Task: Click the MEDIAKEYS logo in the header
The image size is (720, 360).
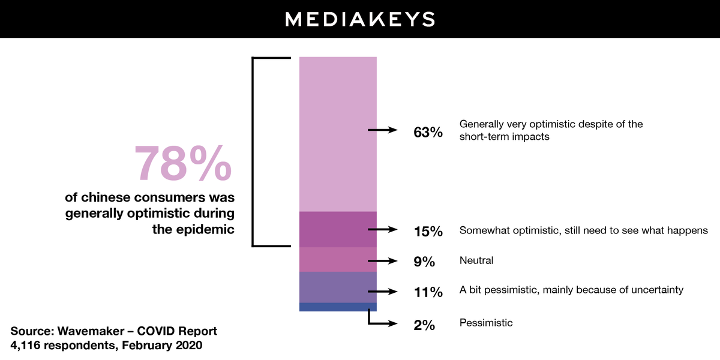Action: point(359,19)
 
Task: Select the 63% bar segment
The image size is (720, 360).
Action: point(338,134)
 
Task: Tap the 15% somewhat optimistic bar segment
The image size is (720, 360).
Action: point(338,229)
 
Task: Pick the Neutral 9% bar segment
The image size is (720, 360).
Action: point(338,259)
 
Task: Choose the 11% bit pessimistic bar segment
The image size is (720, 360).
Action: point(338,287)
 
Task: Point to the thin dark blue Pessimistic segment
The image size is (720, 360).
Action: point(338,307)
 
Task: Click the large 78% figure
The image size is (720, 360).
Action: point(182,163)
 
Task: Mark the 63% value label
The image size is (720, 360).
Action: point(428,133)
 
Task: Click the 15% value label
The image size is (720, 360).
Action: point(428,231)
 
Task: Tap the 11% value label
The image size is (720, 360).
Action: point(428,293)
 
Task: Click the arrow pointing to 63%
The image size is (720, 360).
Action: point(383,130)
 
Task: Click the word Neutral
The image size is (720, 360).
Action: point(476,260)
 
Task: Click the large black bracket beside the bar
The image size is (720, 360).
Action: point(254,152)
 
